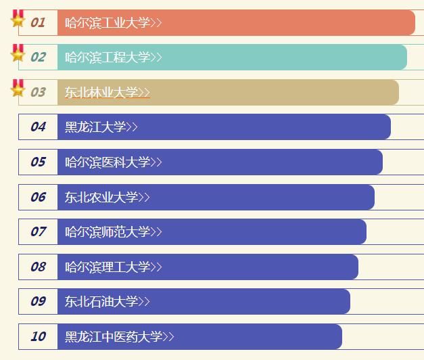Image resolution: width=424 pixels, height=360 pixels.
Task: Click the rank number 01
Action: coord(38,22)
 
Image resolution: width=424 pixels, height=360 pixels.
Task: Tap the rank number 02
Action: coord(38,58)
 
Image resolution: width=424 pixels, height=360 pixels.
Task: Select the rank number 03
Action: coord(38,92)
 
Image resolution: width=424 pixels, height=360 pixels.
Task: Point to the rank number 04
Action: coord(38,127)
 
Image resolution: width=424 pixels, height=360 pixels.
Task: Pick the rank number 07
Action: coord(38,231)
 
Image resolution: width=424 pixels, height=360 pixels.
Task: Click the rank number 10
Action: coord(38,336)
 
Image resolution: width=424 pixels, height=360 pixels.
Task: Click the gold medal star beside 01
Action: coord(18,19)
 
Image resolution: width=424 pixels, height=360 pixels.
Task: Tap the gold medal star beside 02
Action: coord(18,53)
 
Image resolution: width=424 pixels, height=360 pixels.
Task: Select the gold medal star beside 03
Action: coord(18,89)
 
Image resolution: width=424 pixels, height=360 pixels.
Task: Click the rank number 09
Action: coord(38,301)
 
